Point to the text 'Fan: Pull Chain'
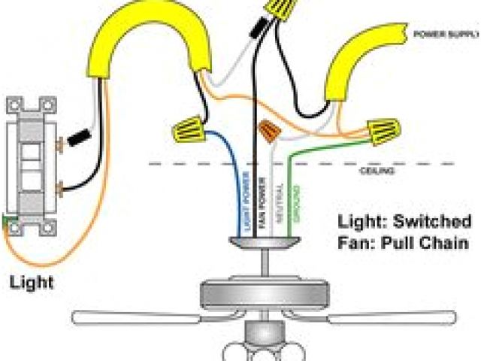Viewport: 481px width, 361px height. [403, 243]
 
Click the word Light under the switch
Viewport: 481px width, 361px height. [31, 284]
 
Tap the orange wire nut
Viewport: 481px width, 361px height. [267, 132]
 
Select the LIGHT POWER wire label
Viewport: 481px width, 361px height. [246, 199]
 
